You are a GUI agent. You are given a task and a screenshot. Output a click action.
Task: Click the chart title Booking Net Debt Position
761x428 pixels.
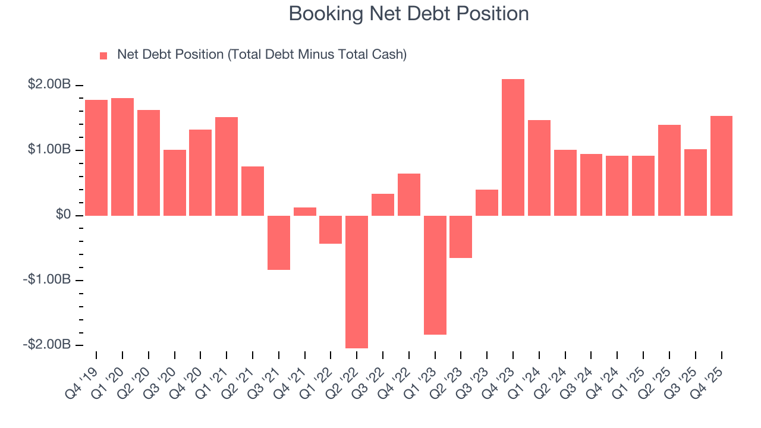[x=408, y=14]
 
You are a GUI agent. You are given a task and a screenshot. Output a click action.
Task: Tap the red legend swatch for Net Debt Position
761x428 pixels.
[x=103, y=55]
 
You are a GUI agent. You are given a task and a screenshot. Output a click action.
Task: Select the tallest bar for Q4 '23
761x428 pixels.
[x=513, y=147]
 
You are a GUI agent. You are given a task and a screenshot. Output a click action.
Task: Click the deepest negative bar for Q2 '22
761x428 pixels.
[x=357, y=281]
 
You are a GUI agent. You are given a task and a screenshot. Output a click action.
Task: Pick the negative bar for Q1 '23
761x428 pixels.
[x=435, y=275]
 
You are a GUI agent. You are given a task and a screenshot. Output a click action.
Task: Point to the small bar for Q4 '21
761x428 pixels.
[x=305, y=211]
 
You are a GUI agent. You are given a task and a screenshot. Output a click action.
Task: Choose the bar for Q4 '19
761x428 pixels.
[x=96, y=158]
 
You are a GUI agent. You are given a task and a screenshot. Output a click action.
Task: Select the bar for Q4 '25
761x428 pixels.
[x=721, y=165]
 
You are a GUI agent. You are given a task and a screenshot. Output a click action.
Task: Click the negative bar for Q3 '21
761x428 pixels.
[x=279, y=243]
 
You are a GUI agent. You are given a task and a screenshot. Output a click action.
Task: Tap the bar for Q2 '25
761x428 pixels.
[x=669, y=170]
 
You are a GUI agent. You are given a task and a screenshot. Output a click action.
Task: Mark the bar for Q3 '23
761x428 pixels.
[x=487, y=202]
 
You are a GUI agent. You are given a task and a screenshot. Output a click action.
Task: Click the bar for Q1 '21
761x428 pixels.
[x=227, y=166]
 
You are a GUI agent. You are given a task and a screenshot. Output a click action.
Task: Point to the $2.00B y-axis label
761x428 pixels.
[x=49, y=85]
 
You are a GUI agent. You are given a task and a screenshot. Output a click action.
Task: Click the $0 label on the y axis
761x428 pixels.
[x=63, y=215]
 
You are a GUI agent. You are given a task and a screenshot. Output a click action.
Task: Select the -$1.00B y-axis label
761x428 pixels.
[x=47, y=280]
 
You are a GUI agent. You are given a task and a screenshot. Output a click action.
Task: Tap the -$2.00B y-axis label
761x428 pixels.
[x=47, y=345]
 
